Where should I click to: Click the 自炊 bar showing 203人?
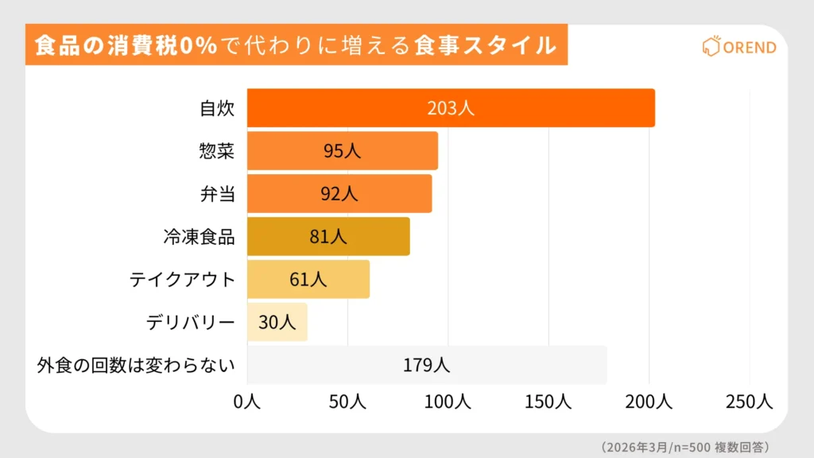pos(451,108)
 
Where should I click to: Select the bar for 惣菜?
pos(342,151)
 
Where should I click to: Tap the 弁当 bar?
pos(339,194)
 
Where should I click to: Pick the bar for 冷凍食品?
pos(328,237)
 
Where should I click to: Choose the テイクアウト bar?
pos(308,279)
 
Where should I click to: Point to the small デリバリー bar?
pos(277,322)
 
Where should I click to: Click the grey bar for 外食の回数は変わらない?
pos(427,365)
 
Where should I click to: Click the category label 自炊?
pos(216,108)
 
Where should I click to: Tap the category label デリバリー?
pos(191,322)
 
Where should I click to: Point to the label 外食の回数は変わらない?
pos(137,365)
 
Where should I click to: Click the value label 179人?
pos(427,365)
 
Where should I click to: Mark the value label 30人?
pos(277,322)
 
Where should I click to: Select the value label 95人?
pos(342,151)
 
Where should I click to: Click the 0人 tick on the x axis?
pos(247,402)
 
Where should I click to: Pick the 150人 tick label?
pos(548,402)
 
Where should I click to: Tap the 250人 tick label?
pos(749,402)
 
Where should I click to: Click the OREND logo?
pos(739,47)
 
